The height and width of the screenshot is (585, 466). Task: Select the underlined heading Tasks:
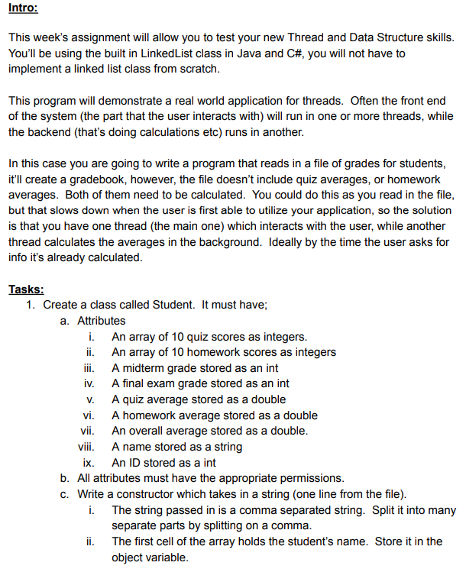tap(26, 289)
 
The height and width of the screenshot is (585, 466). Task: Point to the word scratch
tap(200, 69)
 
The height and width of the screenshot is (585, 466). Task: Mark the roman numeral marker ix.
tap(88, 463)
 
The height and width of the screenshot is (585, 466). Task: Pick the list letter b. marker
tap(66, 478)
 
